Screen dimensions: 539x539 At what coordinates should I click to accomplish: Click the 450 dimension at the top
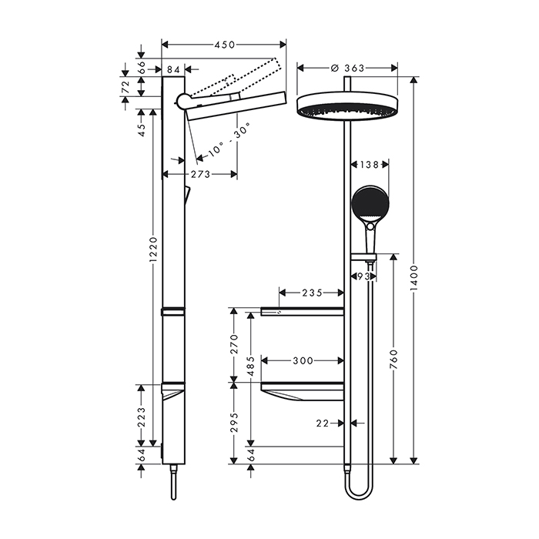(224, 45)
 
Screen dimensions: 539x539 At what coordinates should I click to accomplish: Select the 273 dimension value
(200, 174)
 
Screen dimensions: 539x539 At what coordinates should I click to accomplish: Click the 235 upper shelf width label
(310, 293)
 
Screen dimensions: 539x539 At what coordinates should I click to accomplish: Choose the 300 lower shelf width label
(302, 360)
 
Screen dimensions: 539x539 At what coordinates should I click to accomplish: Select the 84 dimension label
(172, 71)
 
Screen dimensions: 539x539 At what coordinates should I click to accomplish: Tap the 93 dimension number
(363, 275)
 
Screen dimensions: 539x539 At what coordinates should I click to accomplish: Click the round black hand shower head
(370, 203)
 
